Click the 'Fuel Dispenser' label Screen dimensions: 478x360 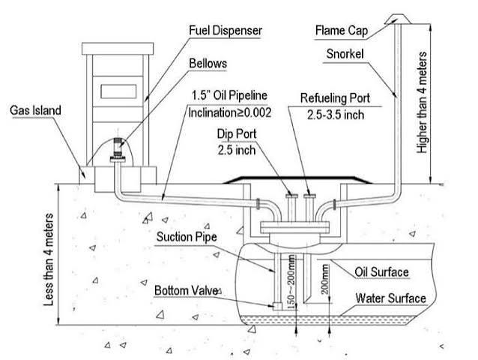[226, 31]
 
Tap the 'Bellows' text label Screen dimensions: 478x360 [208, 63]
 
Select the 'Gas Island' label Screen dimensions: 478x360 [35, 110]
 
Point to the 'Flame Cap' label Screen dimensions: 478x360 [342, 31]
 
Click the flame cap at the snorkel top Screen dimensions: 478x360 [398, 19]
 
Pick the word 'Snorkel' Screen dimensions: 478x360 [345, 54]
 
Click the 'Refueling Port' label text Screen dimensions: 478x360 [335, 98]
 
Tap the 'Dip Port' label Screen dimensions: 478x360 [237, 134]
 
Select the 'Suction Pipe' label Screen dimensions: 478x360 [187, 237]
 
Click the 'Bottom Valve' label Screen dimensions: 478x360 [187, 290]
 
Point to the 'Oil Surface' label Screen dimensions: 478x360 [381, 272]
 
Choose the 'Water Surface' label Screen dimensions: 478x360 [390, 298]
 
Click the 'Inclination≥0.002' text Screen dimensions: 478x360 [229, 113]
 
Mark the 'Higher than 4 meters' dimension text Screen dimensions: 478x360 [422, 103]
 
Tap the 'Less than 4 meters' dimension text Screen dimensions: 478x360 [49, 259]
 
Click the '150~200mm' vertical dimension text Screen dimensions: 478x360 [291, 281]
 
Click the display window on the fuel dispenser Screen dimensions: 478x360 [118, 91]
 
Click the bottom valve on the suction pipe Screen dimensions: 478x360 [277, 306]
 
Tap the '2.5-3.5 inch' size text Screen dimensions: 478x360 [336, 115]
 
